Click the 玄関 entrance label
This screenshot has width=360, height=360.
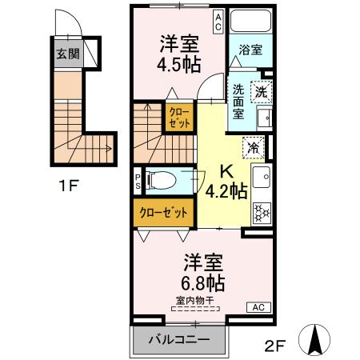(67, 55)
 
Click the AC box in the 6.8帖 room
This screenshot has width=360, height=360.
(258, 307)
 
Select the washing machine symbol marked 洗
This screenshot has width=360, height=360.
(262, 93)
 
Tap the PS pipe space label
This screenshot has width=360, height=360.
(138, 182)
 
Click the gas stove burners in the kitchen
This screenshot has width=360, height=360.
(261, 211)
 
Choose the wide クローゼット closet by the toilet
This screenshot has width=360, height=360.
(163, 213)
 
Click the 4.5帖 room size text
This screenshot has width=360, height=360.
(179, 63)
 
